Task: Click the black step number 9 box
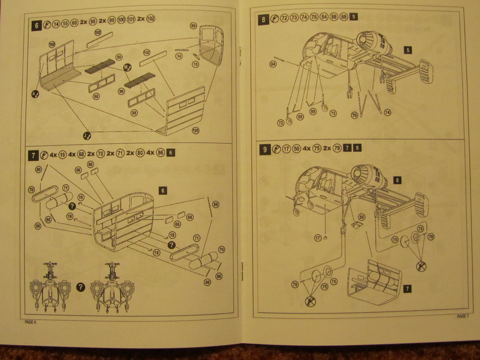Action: [265, 148]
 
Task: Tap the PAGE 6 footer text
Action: [30, 322]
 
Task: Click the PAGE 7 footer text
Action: [462, 316]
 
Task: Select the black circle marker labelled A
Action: [36, 94]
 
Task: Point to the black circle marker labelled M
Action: [127, 67]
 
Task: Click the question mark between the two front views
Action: [81, 287]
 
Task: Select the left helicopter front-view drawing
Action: [50, 287]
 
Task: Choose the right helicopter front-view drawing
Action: [111, 287]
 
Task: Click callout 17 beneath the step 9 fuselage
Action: [318, 238]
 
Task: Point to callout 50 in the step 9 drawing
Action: [361, 217]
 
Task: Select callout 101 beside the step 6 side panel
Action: [195, 131]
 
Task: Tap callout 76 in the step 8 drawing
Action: [354, 116]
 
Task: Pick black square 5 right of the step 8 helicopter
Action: [409, 50]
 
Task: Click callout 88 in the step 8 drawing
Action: [300, 117]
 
